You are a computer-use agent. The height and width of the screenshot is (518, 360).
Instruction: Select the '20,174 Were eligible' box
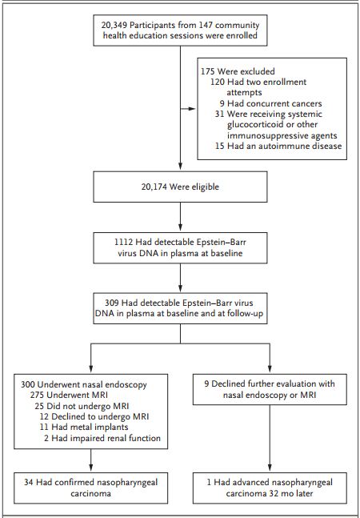180,187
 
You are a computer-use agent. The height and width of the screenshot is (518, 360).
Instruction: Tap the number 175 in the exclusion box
208,71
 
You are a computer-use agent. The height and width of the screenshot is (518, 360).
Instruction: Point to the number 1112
123,242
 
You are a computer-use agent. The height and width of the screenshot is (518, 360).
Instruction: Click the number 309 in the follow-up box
112,303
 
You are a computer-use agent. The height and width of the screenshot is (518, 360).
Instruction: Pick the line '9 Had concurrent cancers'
270,103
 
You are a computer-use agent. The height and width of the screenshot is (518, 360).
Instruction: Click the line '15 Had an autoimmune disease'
278,146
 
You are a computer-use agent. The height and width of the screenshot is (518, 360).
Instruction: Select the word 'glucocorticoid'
256,125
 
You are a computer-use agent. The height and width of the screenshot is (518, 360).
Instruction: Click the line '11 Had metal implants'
84,427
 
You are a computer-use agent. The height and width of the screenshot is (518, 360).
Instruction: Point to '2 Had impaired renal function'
102,438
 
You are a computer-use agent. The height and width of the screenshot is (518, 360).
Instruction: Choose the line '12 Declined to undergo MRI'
94,416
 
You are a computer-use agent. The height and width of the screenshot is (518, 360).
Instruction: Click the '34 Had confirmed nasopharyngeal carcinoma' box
90,488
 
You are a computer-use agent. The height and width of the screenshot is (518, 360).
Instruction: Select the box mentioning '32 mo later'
270,488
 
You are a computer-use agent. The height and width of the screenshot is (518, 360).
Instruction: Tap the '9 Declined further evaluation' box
270,389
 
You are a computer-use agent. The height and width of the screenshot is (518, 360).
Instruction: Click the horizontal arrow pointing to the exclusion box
188,109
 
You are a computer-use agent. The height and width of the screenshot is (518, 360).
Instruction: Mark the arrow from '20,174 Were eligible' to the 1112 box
180,217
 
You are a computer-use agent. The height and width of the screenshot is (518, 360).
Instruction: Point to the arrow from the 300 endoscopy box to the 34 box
90,460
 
